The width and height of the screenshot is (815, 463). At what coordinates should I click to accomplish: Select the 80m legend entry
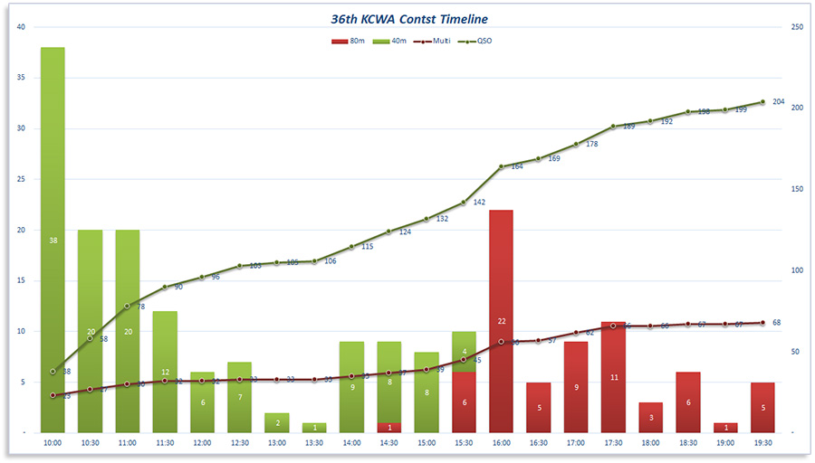350,41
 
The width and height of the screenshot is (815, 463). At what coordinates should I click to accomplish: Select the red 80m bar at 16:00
502,321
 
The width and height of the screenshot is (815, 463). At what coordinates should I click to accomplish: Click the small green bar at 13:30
314,428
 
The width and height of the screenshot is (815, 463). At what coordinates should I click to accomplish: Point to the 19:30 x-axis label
763,443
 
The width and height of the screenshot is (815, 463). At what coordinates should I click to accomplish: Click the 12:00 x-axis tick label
202,443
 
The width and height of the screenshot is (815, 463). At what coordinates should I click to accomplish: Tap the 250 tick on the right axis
797,26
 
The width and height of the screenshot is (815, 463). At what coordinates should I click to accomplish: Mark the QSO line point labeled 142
464,203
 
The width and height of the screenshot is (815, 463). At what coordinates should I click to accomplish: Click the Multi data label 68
777,323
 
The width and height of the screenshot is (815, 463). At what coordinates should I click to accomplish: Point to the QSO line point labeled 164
502,166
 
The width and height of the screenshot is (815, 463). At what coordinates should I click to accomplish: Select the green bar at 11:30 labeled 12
165,372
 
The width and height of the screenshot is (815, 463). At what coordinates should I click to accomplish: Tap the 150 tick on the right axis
797,189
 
